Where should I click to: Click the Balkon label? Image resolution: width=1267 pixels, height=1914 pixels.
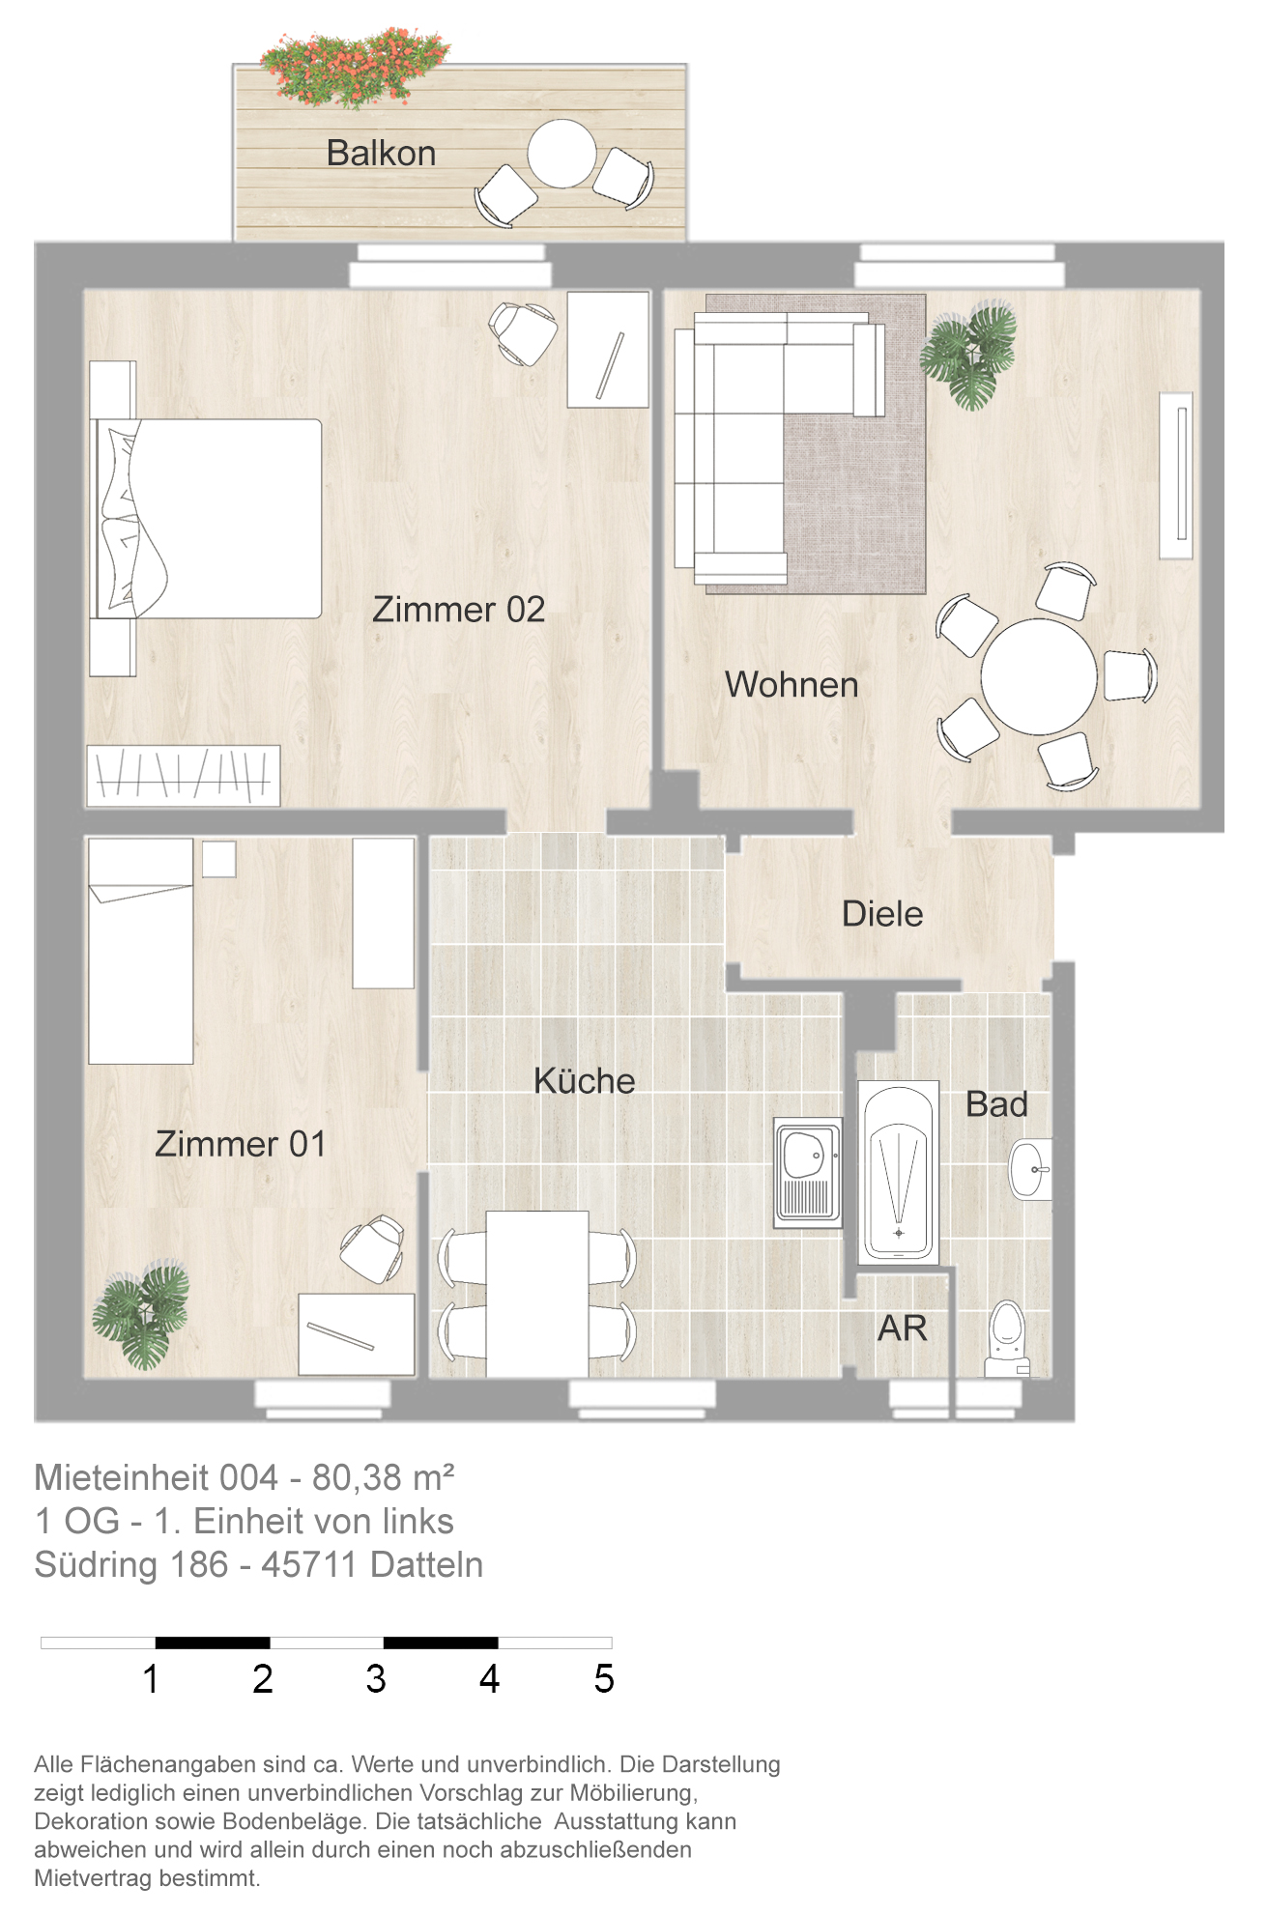click(x=381, y=153)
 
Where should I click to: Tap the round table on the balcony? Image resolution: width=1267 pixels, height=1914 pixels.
click(x=562, y=154)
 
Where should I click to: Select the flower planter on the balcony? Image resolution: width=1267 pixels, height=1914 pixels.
click(x=355, y=66)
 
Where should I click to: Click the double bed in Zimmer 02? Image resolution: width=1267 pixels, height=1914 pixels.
click(x=206, y=518)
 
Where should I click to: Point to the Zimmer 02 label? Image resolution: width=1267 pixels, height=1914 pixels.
click(x=458, y=610)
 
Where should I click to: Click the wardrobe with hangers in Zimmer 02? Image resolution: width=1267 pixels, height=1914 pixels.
click(x=184, y=775)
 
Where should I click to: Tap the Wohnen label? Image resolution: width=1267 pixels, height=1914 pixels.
click(x=792, y=685)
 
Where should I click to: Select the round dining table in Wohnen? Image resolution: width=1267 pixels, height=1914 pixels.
click(x=1039, y=676)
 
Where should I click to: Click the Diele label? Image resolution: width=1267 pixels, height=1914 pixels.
click(x=882, y=914)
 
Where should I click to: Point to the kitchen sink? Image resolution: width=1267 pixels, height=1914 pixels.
click(x=808, y=1173)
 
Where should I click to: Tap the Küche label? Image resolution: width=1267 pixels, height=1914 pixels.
click(x=585, y=1081)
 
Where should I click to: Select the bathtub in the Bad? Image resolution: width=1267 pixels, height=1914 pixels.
click(x=899, y=1172)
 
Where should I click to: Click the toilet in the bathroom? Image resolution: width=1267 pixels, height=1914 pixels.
click(x=1007, y=1338)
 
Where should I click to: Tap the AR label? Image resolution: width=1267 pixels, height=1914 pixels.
click(x=903, y=1328)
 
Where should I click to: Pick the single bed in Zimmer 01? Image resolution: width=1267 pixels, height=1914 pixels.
click(x=141, y=951)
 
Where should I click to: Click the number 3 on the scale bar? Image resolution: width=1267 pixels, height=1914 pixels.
click(x=376, y=1679)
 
